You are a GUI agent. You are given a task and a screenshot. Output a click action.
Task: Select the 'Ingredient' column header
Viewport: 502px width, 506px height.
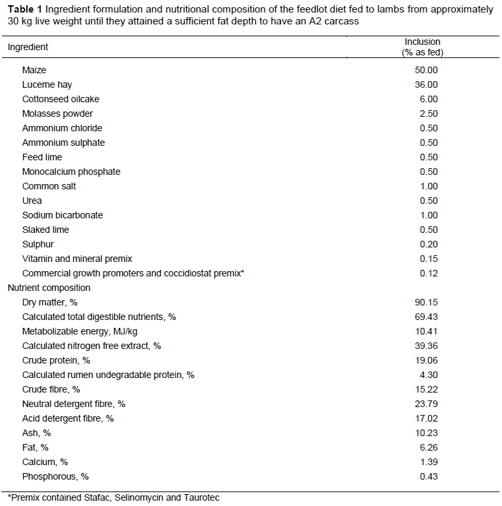pyautogui.click(x=28, y=47)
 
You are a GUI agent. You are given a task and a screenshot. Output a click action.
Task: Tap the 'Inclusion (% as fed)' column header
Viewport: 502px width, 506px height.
pyautogui.click(x=422, y=47)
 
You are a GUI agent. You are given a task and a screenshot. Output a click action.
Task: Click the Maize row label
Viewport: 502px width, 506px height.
pyautogui.click(x=34, y=70)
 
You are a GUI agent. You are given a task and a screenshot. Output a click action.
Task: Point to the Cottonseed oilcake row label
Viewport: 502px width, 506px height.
pyautogui.click(x=61, y=99)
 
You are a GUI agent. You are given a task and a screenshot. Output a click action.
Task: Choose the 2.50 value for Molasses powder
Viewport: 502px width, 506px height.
pyautogui.click(x=425, y=113)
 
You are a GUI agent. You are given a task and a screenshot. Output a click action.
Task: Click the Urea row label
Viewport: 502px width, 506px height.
pyautogui.click(x=32, y=201)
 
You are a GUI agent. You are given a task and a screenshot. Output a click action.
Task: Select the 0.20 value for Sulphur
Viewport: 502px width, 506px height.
pyautogui.click(x=425, y=244)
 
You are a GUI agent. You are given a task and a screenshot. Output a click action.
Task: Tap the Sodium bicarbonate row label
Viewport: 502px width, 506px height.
pyautogui.click(x=63, y=215)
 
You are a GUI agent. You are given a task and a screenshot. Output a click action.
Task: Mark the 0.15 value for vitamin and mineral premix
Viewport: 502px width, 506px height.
pyautogui.click(x=425, y=259)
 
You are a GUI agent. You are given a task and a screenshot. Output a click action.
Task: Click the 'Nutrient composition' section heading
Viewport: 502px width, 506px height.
pyautogui.click(x=49, y=288)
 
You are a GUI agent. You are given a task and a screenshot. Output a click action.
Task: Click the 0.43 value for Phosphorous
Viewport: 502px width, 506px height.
pyautogui.click(x=425, y=476)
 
